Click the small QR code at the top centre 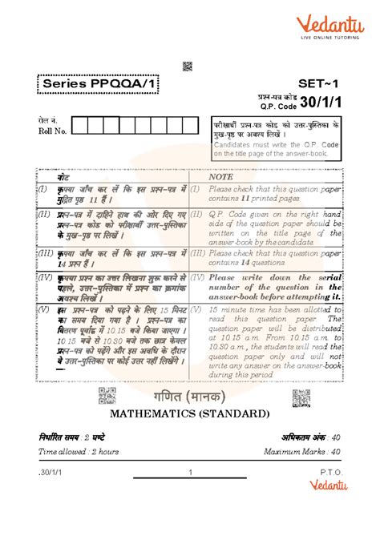click(188, 66)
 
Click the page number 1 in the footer click(190, 472)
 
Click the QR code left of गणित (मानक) click(107, 395)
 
